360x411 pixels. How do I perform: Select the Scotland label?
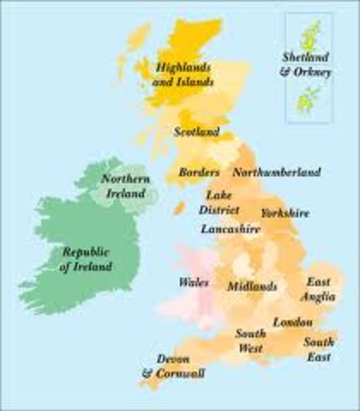click(196, 133)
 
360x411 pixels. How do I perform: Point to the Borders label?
click(199, 173)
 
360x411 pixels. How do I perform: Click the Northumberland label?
click(277, 173)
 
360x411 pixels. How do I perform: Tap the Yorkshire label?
click(285, 212)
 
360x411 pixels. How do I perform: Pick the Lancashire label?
click(231, 229)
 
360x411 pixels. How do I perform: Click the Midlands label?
click(253, 286)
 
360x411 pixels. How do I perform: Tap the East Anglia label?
click(319, 289)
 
